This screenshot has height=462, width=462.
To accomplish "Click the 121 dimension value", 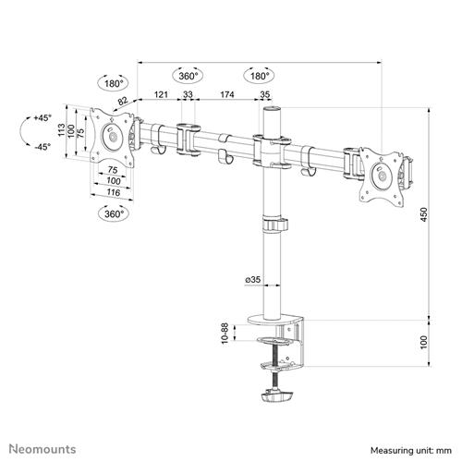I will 161,94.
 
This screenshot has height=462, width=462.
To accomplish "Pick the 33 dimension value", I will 188,94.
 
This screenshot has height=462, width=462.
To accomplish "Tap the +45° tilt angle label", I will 40,119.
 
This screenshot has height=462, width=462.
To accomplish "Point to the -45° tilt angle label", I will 40,147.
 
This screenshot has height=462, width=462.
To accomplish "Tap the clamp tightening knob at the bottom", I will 278,400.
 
